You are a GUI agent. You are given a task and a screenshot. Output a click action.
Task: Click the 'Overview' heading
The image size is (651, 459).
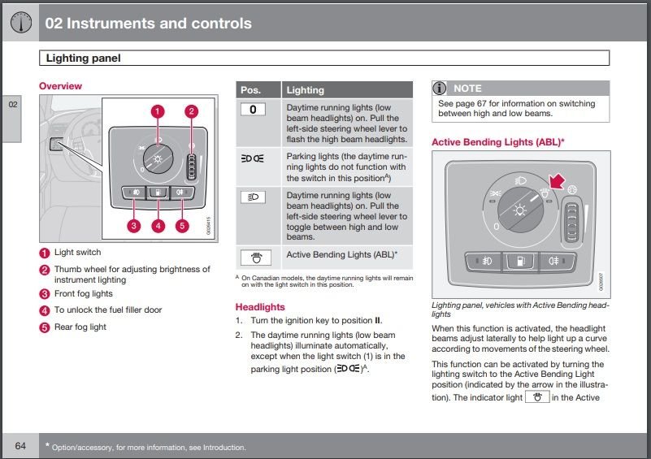(60, 86)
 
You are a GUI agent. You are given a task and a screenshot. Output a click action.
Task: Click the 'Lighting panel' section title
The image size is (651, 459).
(83, 58)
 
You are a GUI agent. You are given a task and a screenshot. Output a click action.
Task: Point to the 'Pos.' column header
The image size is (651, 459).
(251, 89)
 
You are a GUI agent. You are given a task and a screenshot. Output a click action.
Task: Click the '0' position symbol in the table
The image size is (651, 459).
(254, 109)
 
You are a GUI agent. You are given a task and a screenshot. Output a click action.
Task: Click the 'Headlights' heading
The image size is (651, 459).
(260, 307)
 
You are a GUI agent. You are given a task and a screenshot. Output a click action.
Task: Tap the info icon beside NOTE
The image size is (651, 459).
(440, 88)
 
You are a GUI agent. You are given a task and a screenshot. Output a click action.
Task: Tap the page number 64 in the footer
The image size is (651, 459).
(20, 445)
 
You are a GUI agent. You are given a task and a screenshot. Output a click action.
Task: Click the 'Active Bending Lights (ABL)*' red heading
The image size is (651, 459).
(497, 142)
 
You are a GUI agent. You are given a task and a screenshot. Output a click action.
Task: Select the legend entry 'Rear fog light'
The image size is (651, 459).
(80, 327)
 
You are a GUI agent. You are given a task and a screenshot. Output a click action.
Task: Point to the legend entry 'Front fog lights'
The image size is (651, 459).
(83, 294)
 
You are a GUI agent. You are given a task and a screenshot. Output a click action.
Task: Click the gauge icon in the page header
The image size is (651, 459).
(20, 22)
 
